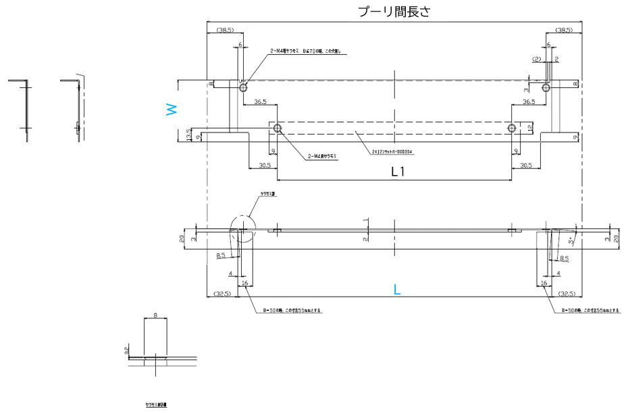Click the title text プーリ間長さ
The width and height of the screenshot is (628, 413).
393,11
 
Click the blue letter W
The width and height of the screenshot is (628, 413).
172,109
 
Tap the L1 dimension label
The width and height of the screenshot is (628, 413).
398,172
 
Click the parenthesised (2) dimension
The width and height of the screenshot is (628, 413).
537,59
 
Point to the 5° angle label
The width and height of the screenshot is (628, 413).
571,241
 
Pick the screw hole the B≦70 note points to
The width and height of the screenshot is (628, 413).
243,87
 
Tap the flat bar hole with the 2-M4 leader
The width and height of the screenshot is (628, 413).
277,128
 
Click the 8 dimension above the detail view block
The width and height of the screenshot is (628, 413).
155,315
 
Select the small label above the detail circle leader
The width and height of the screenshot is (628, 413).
268,193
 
